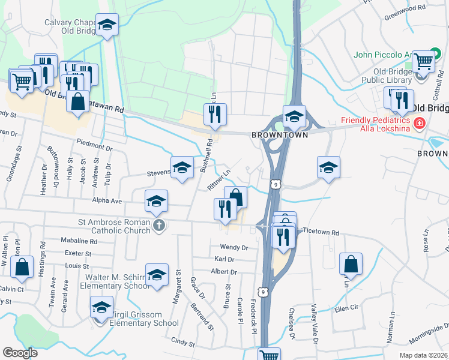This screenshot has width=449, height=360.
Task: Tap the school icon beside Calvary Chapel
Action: pos(107,25)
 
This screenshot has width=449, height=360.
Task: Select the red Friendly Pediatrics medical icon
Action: pos(419,124)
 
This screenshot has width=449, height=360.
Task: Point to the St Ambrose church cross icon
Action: pos(158,226)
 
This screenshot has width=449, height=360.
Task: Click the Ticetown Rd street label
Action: pos(321,232)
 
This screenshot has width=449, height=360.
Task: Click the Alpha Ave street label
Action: pos(107,200)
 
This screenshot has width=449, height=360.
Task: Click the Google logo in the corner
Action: pos(20,353)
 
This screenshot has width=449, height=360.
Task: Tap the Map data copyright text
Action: pos(423,355)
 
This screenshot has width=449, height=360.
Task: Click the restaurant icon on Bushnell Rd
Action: pos(215,113)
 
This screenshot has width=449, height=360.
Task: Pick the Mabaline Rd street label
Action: pos(79,241)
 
